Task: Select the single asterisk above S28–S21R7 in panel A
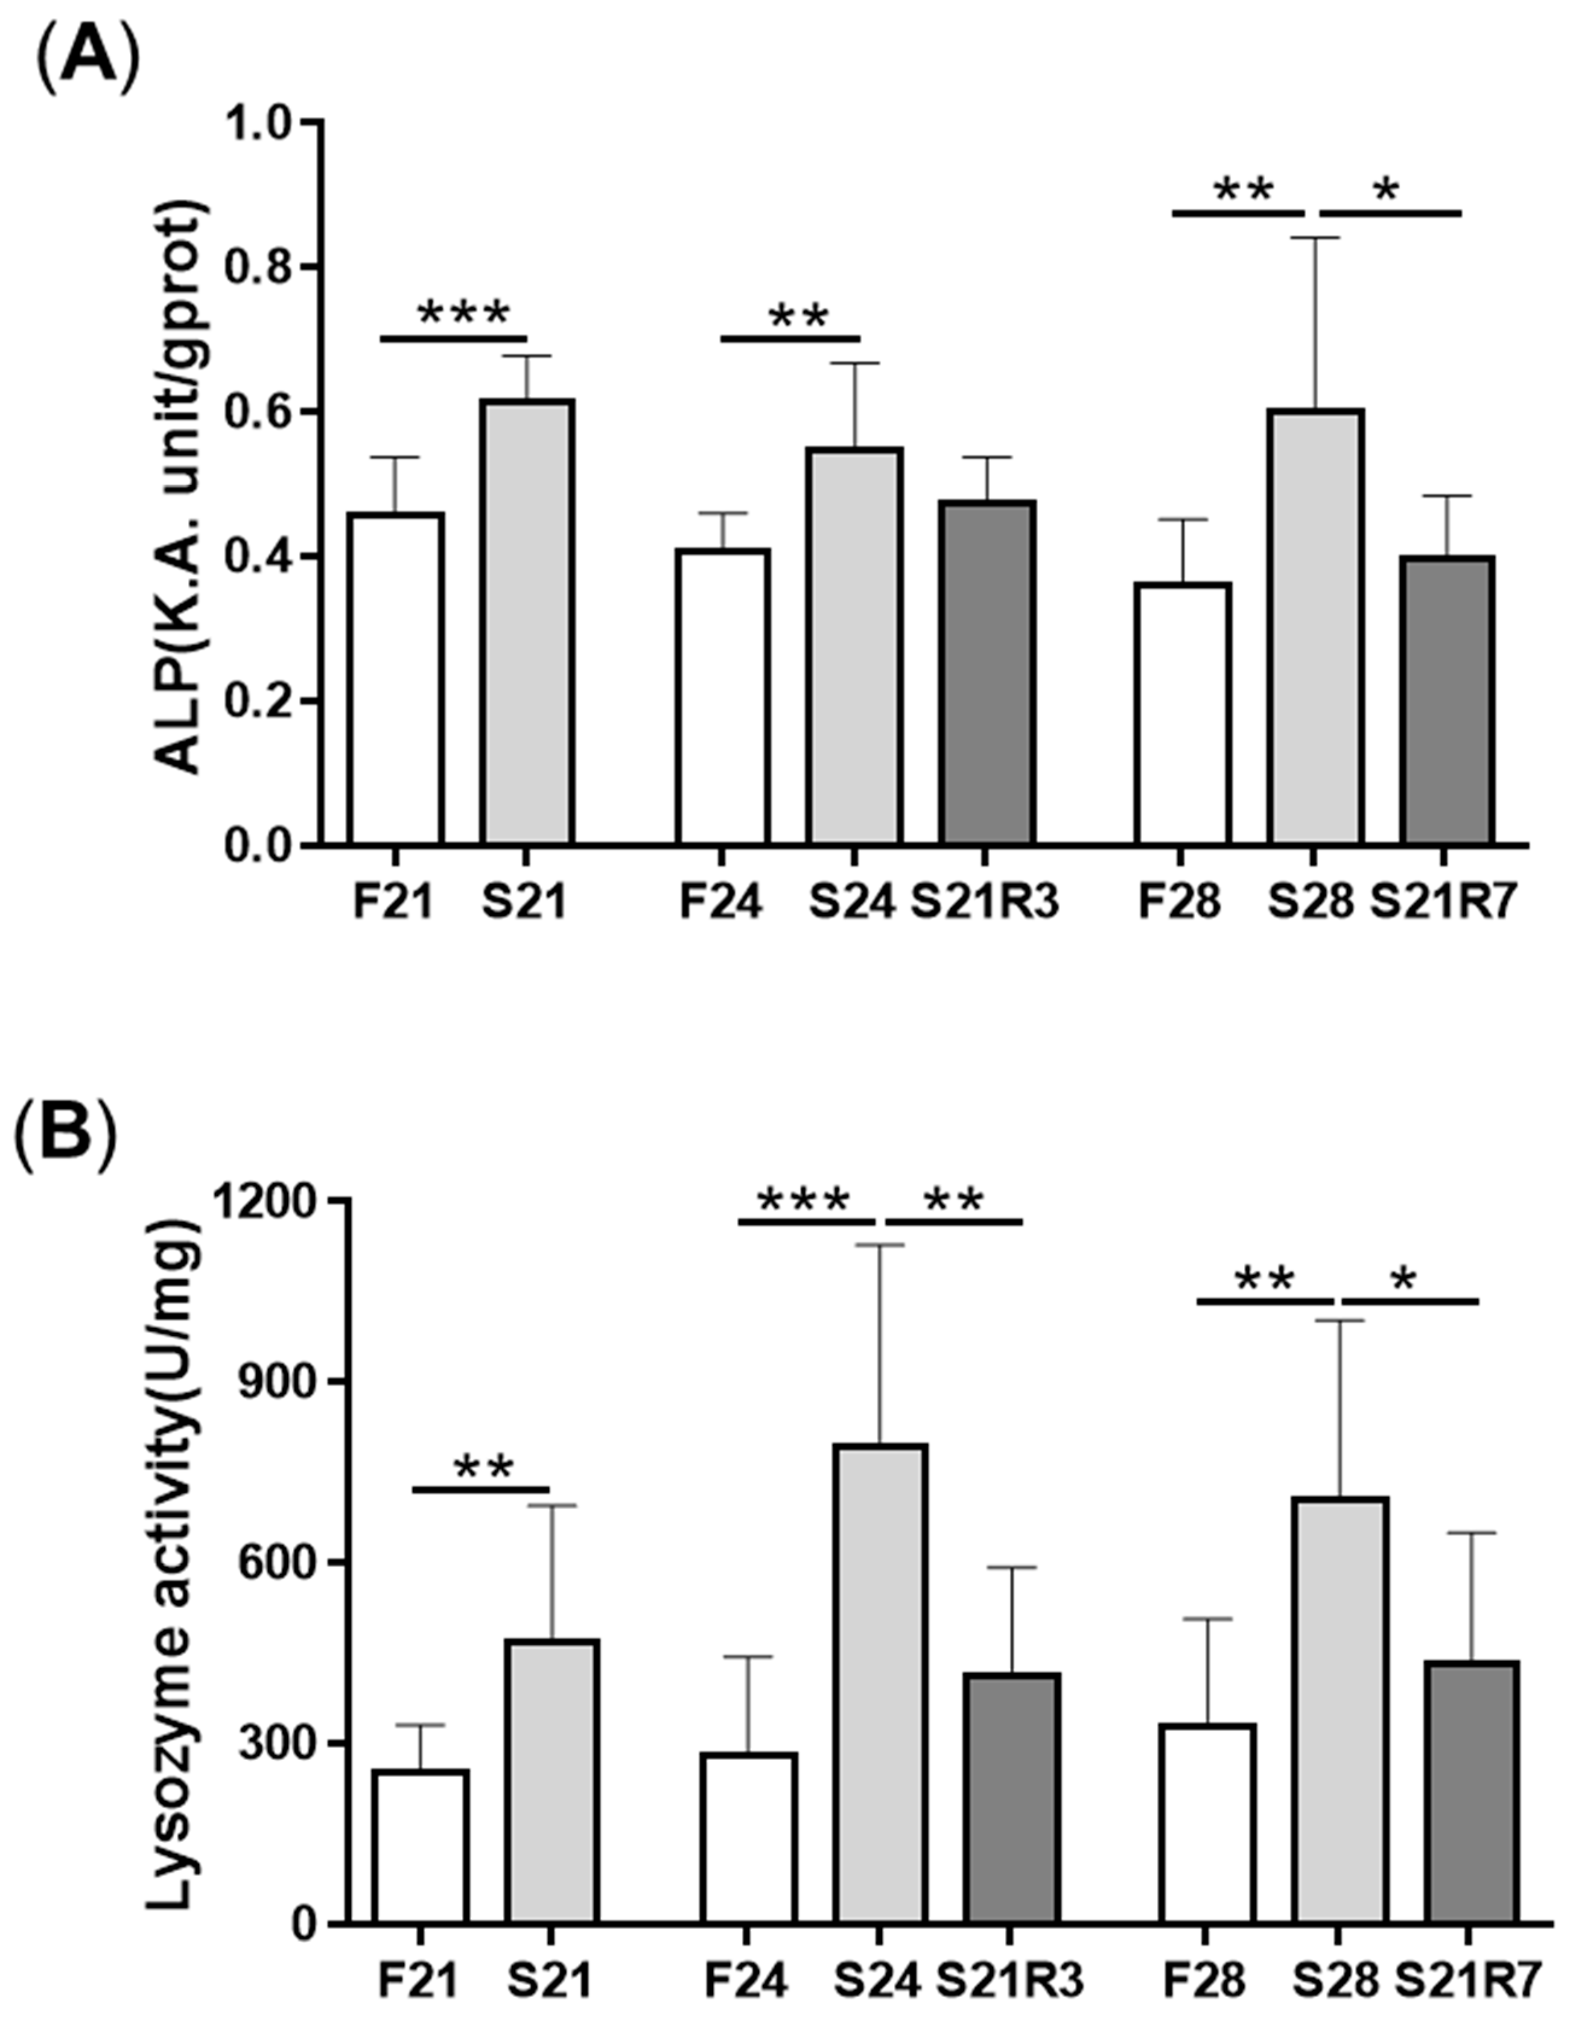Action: tap(1385, 192)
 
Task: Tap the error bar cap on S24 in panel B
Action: tap(879, 1246)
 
